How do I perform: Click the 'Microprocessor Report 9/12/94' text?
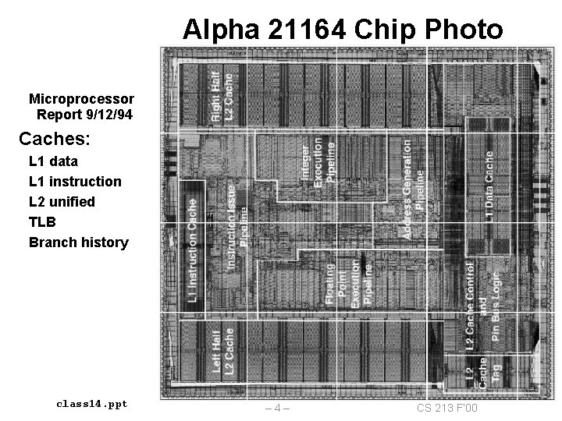pos(81,107)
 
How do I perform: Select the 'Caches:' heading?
pos(55,140)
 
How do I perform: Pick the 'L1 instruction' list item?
pos(75,182)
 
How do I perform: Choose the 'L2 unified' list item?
pos(62,202)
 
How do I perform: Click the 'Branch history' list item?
pos(78,242)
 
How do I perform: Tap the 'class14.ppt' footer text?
pos(92,404)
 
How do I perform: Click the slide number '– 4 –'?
pos(278,409)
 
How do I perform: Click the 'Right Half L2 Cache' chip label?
pos(222,94)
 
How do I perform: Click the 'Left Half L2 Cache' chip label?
pos(222,353)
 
